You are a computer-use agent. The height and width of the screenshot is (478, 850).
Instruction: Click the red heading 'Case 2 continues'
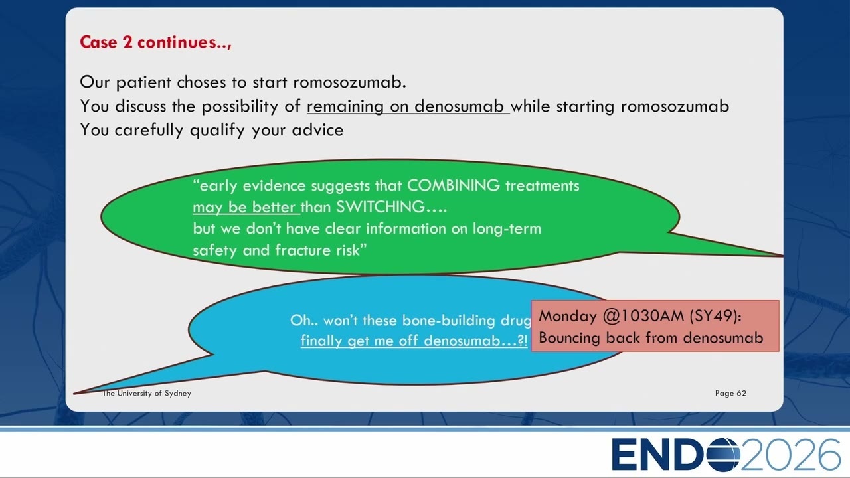tap(155, 42)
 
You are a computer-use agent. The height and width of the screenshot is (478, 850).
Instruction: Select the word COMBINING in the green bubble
tap(454, 185)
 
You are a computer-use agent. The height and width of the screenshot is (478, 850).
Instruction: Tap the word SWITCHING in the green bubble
tap(381, 207)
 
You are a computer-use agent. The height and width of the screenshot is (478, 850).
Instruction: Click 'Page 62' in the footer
tap(730, 394)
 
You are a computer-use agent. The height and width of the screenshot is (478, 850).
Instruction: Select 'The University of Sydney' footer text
tap(147, 394)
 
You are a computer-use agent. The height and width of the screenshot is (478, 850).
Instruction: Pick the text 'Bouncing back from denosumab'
tap(651, 338)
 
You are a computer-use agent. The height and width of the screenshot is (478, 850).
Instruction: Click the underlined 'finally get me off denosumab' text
tap(414, 341)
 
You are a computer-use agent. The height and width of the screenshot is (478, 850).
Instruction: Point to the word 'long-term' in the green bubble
tap(507, 229)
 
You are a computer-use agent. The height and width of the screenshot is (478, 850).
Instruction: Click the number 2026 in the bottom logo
tap(790, 454)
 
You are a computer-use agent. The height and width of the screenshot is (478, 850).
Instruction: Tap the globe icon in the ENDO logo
tap(723, 455)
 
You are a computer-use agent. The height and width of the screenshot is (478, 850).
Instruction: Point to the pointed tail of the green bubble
tap(782, 256)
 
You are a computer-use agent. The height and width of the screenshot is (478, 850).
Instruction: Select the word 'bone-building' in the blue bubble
tap(449, 321)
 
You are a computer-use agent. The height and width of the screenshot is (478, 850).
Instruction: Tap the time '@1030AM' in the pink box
tap(643, 316)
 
